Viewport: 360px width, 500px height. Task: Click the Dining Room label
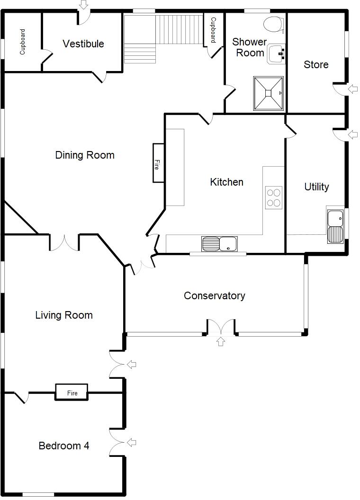point(85,155)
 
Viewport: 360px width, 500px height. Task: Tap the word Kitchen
point(226,182)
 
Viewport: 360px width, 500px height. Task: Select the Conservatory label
point(214,296)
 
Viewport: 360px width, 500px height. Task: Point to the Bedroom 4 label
point(64,446)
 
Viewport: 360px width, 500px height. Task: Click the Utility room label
point(316,187)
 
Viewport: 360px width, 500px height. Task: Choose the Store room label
point(316,65)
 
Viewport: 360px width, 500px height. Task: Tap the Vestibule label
point(83,44)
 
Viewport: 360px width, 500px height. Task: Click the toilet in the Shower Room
point(273,23)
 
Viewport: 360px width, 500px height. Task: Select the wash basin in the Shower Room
point(276,54)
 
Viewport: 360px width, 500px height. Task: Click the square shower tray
point(269,93)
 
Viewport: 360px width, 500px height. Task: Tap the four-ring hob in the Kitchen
point(273,197)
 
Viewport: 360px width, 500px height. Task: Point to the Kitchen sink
point(219,244)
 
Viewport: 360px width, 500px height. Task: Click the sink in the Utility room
point(335,226)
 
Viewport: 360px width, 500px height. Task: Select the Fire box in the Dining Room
point(158,163)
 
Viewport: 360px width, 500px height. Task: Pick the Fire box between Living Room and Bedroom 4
point(72,392)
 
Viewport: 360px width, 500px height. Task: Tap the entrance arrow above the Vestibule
point(83,5)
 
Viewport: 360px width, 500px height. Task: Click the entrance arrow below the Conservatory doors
point(221,341)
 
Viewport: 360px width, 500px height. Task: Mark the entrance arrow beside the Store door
point(353,89)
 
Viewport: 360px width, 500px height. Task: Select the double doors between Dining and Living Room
point(64,242)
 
